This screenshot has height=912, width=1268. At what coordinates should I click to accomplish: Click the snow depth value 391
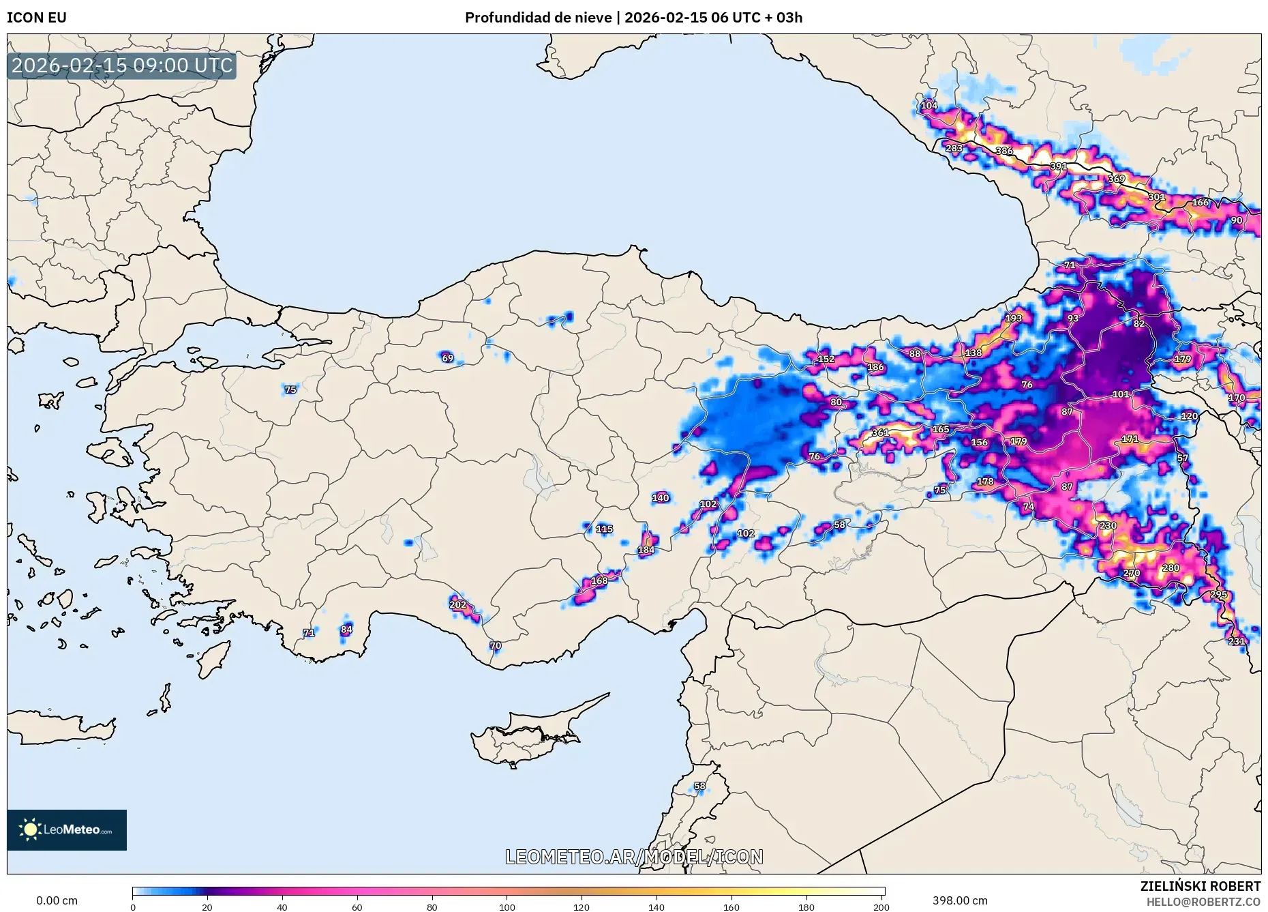pyautogui.click(x=1058, y=166)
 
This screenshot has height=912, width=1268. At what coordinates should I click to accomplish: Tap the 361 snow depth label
pyautogui.click(x=880, y=432)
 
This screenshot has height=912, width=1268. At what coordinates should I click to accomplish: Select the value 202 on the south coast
pyautogui.click(x=458, y=604)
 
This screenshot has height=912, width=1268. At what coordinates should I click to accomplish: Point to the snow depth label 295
pyautogui.click(x=1218, y=595)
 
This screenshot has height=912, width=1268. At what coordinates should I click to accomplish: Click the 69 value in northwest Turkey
pyautogui.click(x=447, y=358)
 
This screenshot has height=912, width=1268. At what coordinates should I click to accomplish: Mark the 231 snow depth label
pyautogui.click(x=1236, y=641)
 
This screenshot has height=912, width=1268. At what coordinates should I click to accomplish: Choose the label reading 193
pyautogui.click(x=1014, y=318)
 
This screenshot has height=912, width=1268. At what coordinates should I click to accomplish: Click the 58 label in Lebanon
pyautogui.click(x=700, y=786)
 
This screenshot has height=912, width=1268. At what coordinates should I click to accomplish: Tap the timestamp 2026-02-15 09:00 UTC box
pyautogui.click(x=122, y=65)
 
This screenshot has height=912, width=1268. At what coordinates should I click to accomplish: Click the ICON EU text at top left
pyautogui.click(x=37, y=18)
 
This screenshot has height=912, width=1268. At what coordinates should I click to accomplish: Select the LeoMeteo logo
pyautogui.click(x=67, y=829)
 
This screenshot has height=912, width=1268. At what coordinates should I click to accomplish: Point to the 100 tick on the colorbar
pyautogui.click(x=507, y=907)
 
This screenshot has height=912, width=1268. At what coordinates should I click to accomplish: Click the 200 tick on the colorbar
pyautogui.click(x=881, y=907)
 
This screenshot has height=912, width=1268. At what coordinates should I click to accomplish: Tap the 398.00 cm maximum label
pyautogui.click(x=960, y=900)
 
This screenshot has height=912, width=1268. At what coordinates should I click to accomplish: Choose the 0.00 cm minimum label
pyautogui.click(x=57, y=900)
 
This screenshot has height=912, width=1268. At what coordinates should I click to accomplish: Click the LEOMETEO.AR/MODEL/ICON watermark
pyautogui.click(x=634, y=857)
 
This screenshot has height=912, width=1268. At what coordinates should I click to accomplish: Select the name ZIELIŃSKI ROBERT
pyautogui.click(x=1200, y=886)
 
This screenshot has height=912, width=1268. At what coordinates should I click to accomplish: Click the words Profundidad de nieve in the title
pyautogui.click(x=538, y=18)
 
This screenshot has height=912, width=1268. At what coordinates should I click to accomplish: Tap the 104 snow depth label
pyautogui.click(x=929, y=106)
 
